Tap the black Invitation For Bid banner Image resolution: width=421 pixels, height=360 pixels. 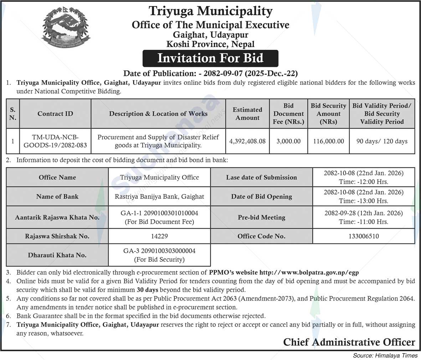(x=210, y=58)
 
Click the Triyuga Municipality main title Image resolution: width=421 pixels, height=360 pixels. (x=210, y=11)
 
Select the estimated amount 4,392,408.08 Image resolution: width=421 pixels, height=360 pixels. (x=247, y=141)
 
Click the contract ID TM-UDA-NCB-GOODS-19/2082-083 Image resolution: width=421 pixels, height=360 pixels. (x=55, y=141)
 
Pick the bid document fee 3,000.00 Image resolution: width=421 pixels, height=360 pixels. (x=288, y=141)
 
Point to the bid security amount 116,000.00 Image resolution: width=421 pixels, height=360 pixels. (x=328, y=141)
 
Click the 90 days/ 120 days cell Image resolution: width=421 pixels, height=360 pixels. (x=382, y=141)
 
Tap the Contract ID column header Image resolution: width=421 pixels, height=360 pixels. (x=55, y=114)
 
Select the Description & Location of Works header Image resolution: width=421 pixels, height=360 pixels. (x=158, y=114)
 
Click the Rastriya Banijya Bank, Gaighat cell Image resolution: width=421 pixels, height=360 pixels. (x=159, y=197)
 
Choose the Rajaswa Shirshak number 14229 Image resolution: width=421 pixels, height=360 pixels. (x=159, y=236)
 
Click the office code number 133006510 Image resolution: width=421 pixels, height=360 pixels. (x=364, y=236)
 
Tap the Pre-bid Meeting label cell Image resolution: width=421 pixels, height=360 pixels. (x=261, y=218)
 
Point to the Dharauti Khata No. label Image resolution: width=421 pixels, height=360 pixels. (x=57, y=255)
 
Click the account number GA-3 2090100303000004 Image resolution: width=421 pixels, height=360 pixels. (x=159, y=251)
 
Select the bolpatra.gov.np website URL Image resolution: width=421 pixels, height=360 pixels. (x=309, y=273)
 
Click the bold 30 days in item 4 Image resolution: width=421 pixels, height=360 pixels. (x=147, y=290)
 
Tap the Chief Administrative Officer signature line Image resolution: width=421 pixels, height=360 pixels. (x=349, y=342)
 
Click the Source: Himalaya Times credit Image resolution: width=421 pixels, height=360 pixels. (x=385, y=355)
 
